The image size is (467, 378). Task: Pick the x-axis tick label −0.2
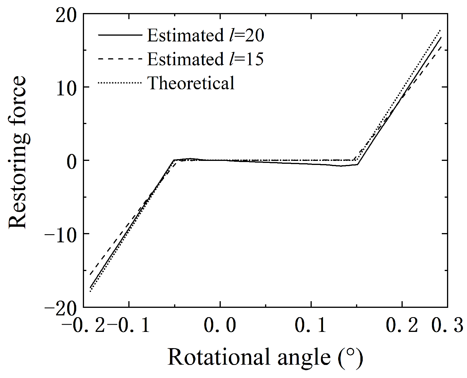point(84,325)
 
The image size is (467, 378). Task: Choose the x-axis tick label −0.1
point(128,325)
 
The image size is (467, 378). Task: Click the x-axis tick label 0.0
point(220,325)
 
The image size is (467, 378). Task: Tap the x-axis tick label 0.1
point(311,325)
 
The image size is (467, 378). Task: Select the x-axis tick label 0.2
point(402,325)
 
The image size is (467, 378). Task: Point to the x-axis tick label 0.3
point(447,325)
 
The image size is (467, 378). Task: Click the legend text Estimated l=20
point(206,36)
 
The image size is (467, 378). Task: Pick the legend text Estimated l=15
point(206,59)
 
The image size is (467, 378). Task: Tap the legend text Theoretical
point(191,83)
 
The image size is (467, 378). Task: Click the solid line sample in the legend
point(120,35)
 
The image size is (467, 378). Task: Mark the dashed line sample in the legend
point(120,59)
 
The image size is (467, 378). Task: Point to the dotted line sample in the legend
point(120,83)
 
